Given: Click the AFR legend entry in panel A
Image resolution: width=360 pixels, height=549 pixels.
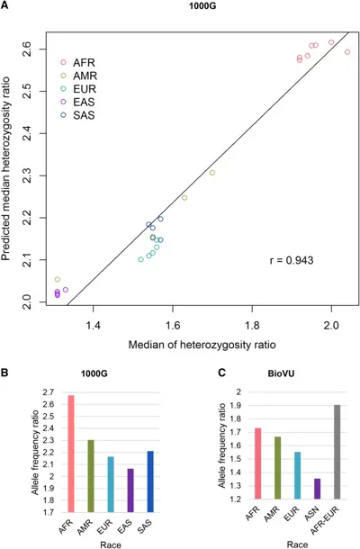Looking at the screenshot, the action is click(77, 62).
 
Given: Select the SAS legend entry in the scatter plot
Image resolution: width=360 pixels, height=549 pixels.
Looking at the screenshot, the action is click(77, 115).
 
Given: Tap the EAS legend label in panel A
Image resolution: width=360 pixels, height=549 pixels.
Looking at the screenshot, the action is click(84, 102).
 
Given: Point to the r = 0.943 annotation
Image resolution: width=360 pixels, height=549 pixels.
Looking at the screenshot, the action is click(292, 260).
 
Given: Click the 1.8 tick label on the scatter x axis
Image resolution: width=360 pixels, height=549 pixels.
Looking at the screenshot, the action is click(252, 326).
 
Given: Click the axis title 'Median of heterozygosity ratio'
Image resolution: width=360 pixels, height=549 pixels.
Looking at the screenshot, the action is click(202, 345).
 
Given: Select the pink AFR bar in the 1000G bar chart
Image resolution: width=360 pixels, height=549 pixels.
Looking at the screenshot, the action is click(71, 454).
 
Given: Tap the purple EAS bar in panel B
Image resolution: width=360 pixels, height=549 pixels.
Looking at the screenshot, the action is click(130, 490).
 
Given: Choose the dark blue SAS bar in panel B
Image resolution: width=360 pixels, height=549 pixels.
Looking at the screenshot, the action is click(150, 481).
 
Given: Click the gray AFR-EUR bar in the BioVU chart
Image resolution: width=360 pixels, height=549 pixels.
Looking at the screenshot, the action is click(337, 452).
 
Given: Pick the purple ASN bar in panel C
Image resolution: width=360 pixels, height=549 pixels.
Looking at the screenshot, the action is click(318, 489).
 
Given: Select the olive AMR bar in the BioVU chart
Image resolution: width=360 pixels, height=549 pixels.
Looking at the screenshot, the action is click(278, 468).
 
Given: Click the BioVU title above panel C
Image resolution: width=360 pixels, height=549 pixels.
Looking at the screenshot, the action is click(281, 373).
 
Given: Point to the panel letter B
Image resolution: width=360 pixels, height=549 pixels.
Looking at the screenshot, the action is click(4, 373).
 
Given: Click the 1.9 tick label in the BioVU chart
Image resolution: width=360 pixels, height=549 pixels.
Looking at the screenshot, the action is click(239, 405).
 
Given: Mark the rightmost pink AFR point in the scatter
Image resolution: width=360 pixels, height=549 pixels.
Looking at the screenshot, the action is click(347, 52).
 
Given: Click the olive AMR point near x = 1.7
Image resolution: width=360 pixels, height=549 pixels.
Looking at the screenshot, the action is click(212, 173).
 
